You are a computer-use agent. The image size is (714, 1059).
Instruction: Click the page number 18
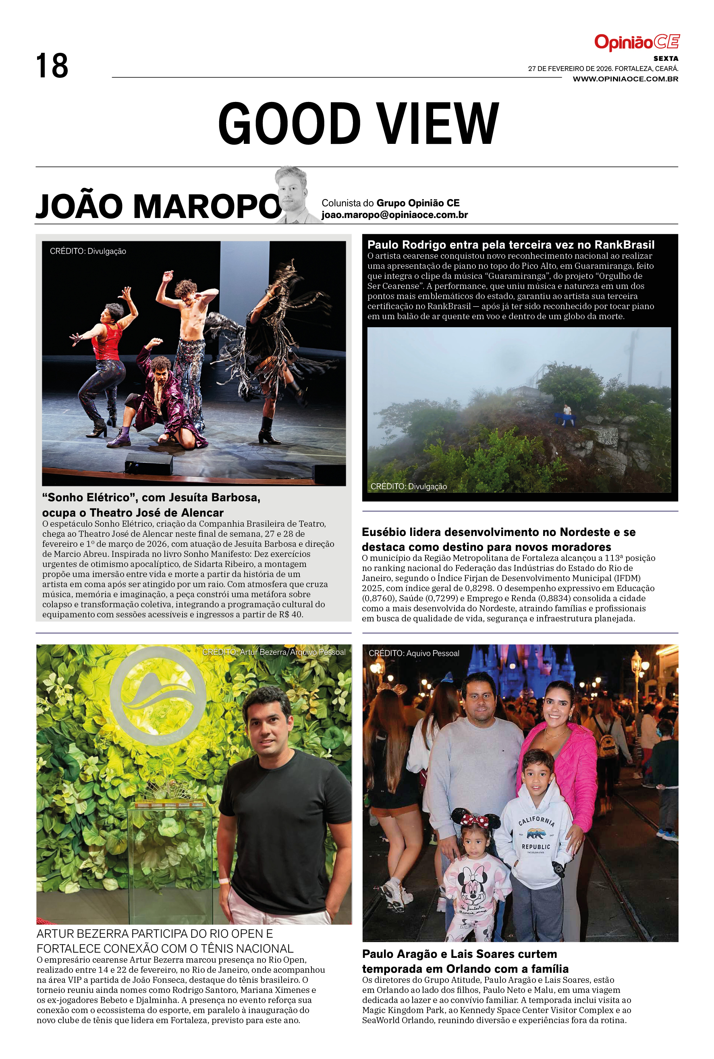coord(52,66)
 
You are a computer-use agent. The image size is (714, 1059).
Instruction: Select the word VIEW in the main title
coord(438,124)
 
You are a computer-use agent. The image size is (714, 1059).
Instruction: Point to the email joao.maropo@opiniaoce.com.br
coord(394,215)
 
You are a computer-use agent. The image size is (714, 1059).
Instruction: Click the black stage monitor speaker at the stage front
coord(149,464)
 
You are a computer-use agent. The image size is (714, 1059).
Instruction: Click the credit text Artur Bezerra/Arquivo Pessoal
coord(293,652)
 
